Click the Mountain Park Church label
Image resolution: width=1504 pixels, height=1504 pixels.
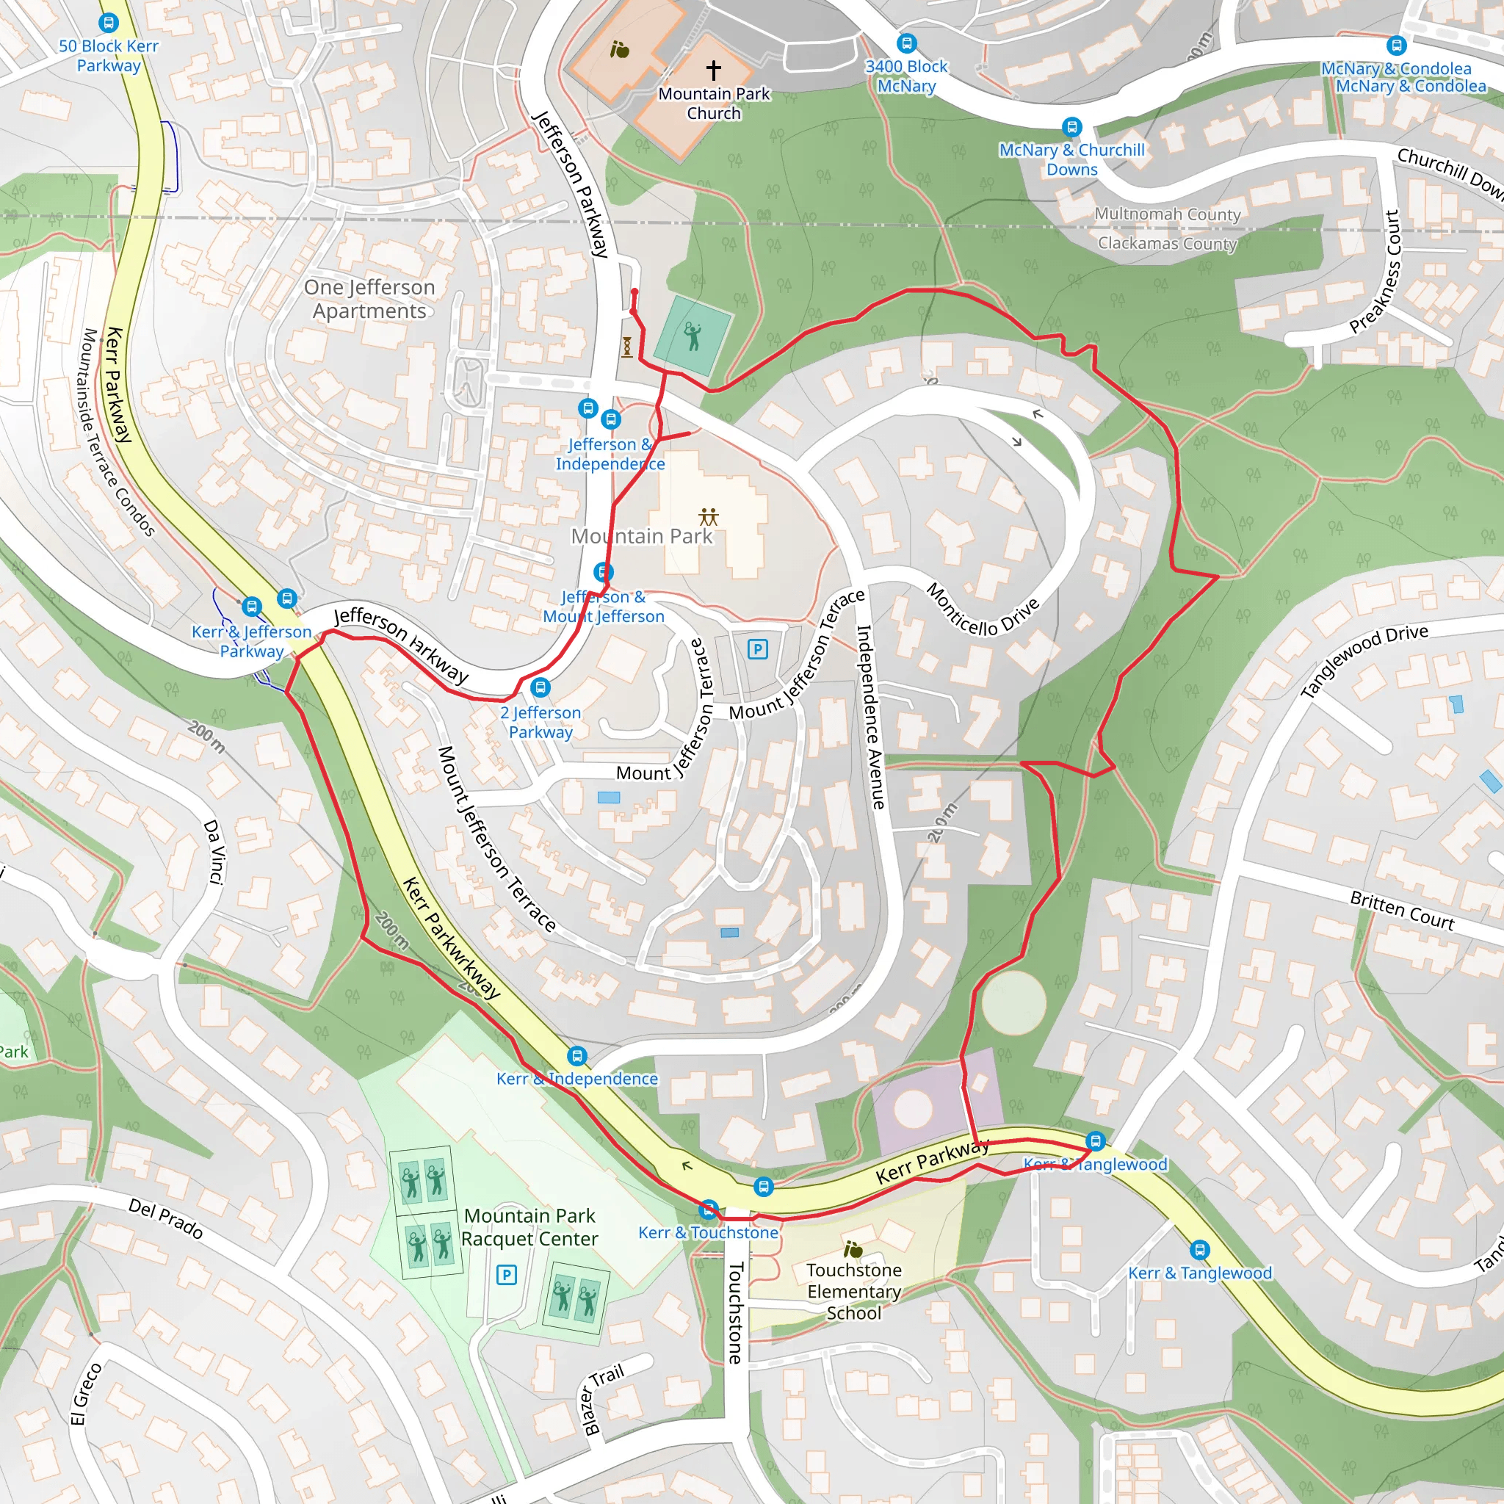[713, 104]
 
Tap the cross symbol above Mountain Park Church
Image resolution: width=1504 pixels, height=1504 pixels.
[713, 70]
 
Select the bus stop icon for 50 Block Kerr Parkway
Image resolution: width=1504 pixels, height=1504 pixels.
[109, 23]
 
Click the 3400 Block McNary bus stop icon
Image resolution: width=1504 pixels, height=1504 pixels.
[906, 43]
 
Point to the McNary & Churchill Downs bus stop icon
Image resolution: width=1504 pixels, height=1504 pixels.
[1072, 127]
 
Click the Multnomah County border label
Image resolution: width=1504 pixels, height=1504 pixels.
[1167, 214]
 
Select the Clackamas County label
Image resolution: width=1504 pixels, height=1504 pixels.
[1167, 243]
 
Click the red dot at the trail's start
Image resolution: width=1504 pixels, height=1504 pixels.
[634, 293]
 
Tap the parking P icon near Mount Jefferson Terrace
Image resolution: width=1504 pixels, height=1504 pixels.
[757, 648]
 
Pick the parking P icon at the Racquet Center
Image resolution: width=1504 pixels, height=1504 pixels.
[506, 1274]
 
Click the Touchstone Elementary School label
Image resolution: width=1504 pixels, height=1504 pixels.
[854, 1291]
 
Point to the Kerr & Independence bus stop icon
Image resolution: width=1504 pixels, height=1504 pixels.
[576, 1055]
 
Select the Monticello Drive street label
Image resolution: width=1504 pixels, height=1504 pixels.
[983, 610]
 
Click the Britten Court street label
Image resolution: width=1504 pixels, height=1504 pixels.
[1401, 910]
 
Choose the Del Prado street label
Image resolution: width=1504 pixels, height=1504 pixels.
[166, 1218]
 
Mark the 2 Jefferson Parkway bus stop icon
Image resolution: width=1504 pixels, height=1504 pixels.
[540, 687]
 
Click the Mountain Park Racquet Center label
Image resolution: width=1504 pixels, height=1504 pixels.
[530, 1227]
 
